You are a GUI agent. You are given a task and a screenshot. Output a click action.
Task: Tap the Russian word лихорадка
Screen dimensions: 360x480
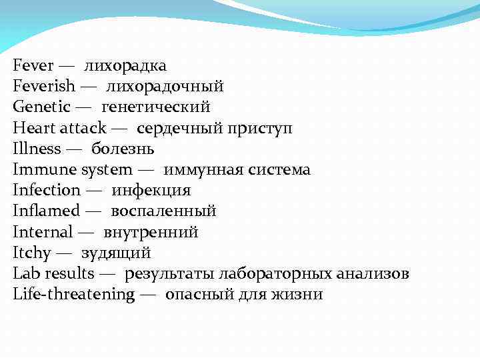point(125,65)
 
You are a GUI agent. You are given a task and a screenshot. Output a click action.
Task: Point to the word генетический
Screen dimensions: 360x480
point(156,107)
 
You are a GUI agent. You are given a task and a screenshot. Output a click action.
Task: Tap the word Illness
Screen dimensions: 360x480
point(37,148)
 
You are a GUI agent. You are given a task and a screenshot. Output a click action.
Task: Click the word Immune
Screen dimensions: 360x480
point(45,169)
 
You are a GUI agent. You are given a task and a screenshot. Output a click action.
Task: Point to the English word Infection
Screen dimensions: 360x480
point(47,190)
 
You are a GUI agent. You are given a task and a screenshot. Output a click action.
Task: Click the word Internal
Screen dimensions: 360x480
point(43,232)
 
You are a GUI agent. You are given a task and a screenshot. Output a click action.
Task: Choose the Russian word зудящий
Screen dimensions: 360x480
point(116,253)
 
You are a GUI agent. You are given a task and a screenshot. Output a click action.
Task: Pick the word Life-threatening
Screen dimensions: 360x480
point(73,295)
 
